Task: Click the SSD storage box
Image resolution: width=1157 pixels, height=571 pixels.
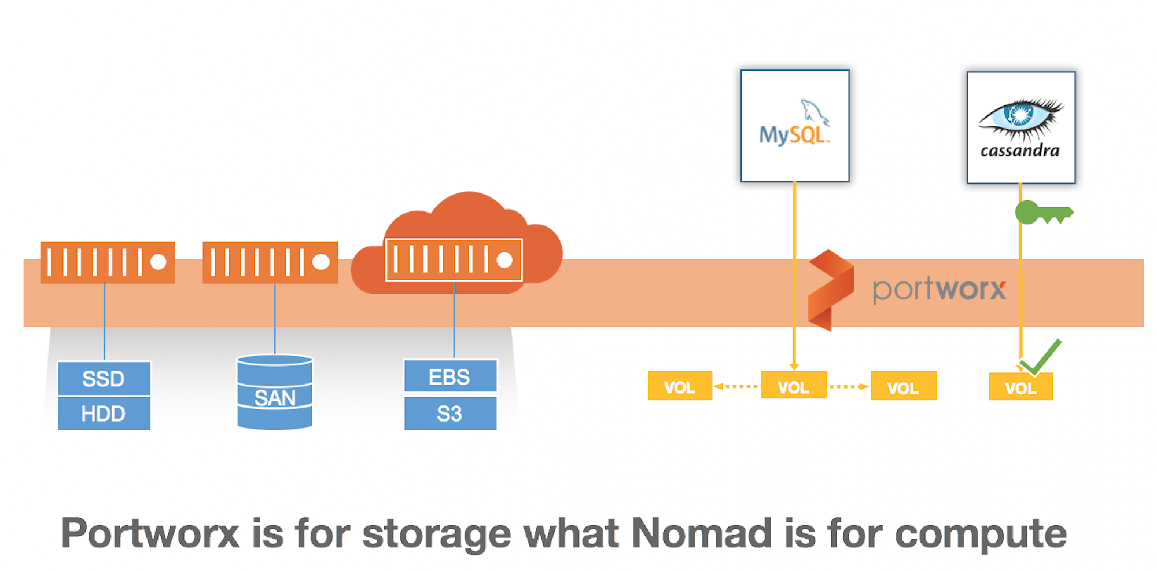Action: click(104, 378)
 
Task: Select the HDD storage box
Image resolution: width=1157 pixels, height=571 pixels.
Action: click(104, 413)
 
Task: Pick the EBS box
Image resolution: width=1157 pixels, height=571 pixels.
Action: click(450, 376)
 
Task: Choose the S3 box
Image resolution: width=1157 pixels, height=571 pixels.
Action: click(450, 413)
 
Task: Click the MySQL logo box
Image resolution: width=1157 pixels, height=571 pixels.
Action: click(795, 126)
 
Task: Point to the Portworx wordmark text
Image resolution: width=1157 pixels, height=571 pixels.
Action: click(939, 289)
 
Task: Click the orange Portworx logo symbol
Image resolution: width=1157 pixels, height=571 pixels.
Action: click(831, 290)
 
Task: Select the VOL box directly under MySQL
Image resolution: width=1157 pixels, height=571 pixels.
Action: click(794, 386)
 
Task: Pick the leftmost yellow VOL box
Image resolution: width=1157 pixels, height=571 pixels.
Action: click(680, 386)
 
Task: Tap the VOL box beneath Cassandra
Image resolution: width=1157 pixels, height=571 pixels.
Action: click(1020, 387)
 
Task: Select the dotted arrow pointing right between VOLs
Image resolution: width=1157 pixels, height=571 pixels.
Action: click(849, 386)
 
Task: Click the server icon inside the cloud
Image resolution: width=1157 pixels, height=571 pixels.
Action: click(454, 259)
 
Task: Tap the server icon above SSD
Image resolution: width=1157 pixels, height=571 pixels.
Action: click(108, 262)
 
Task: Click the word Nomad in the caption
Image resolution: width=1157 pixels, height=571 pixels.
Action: click(701, 533)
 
